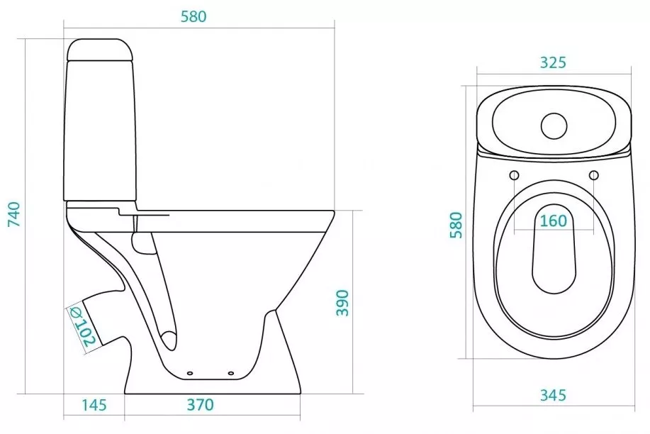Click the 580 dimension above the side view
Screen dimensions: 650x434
click(194, 16)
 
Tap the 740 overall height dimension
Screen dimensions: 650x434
click(14, 214)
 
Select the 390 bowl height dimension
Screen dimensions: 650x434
click(342, 303)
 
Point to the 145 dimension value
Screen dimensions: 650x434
click(94, 405)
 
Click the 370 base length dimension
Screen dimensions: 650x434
click(200, 404)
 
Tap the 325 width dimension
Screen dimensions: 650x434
click(553, 62)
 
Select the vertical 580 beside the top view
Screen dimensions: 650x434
click(456, 225)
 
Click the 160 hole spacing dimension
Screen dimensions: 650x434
click(554, 221)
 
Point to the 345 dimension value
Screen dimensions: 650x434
click(553, 395)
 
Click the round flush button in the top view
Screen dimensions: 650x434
click(554, 126)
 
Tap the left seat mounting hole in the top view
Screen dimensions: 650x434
click(514, 175)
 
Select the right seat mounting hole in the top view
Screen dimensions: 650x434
click(593, 175)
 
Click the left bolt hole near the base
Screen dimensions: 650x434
click(190, 373)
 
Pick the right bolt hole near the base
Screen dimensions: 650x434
click(231, 373)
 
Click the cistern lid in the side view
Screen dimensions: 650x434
click(99, 50)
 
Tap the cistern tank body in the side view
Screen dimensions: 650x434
click(100, 131)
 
